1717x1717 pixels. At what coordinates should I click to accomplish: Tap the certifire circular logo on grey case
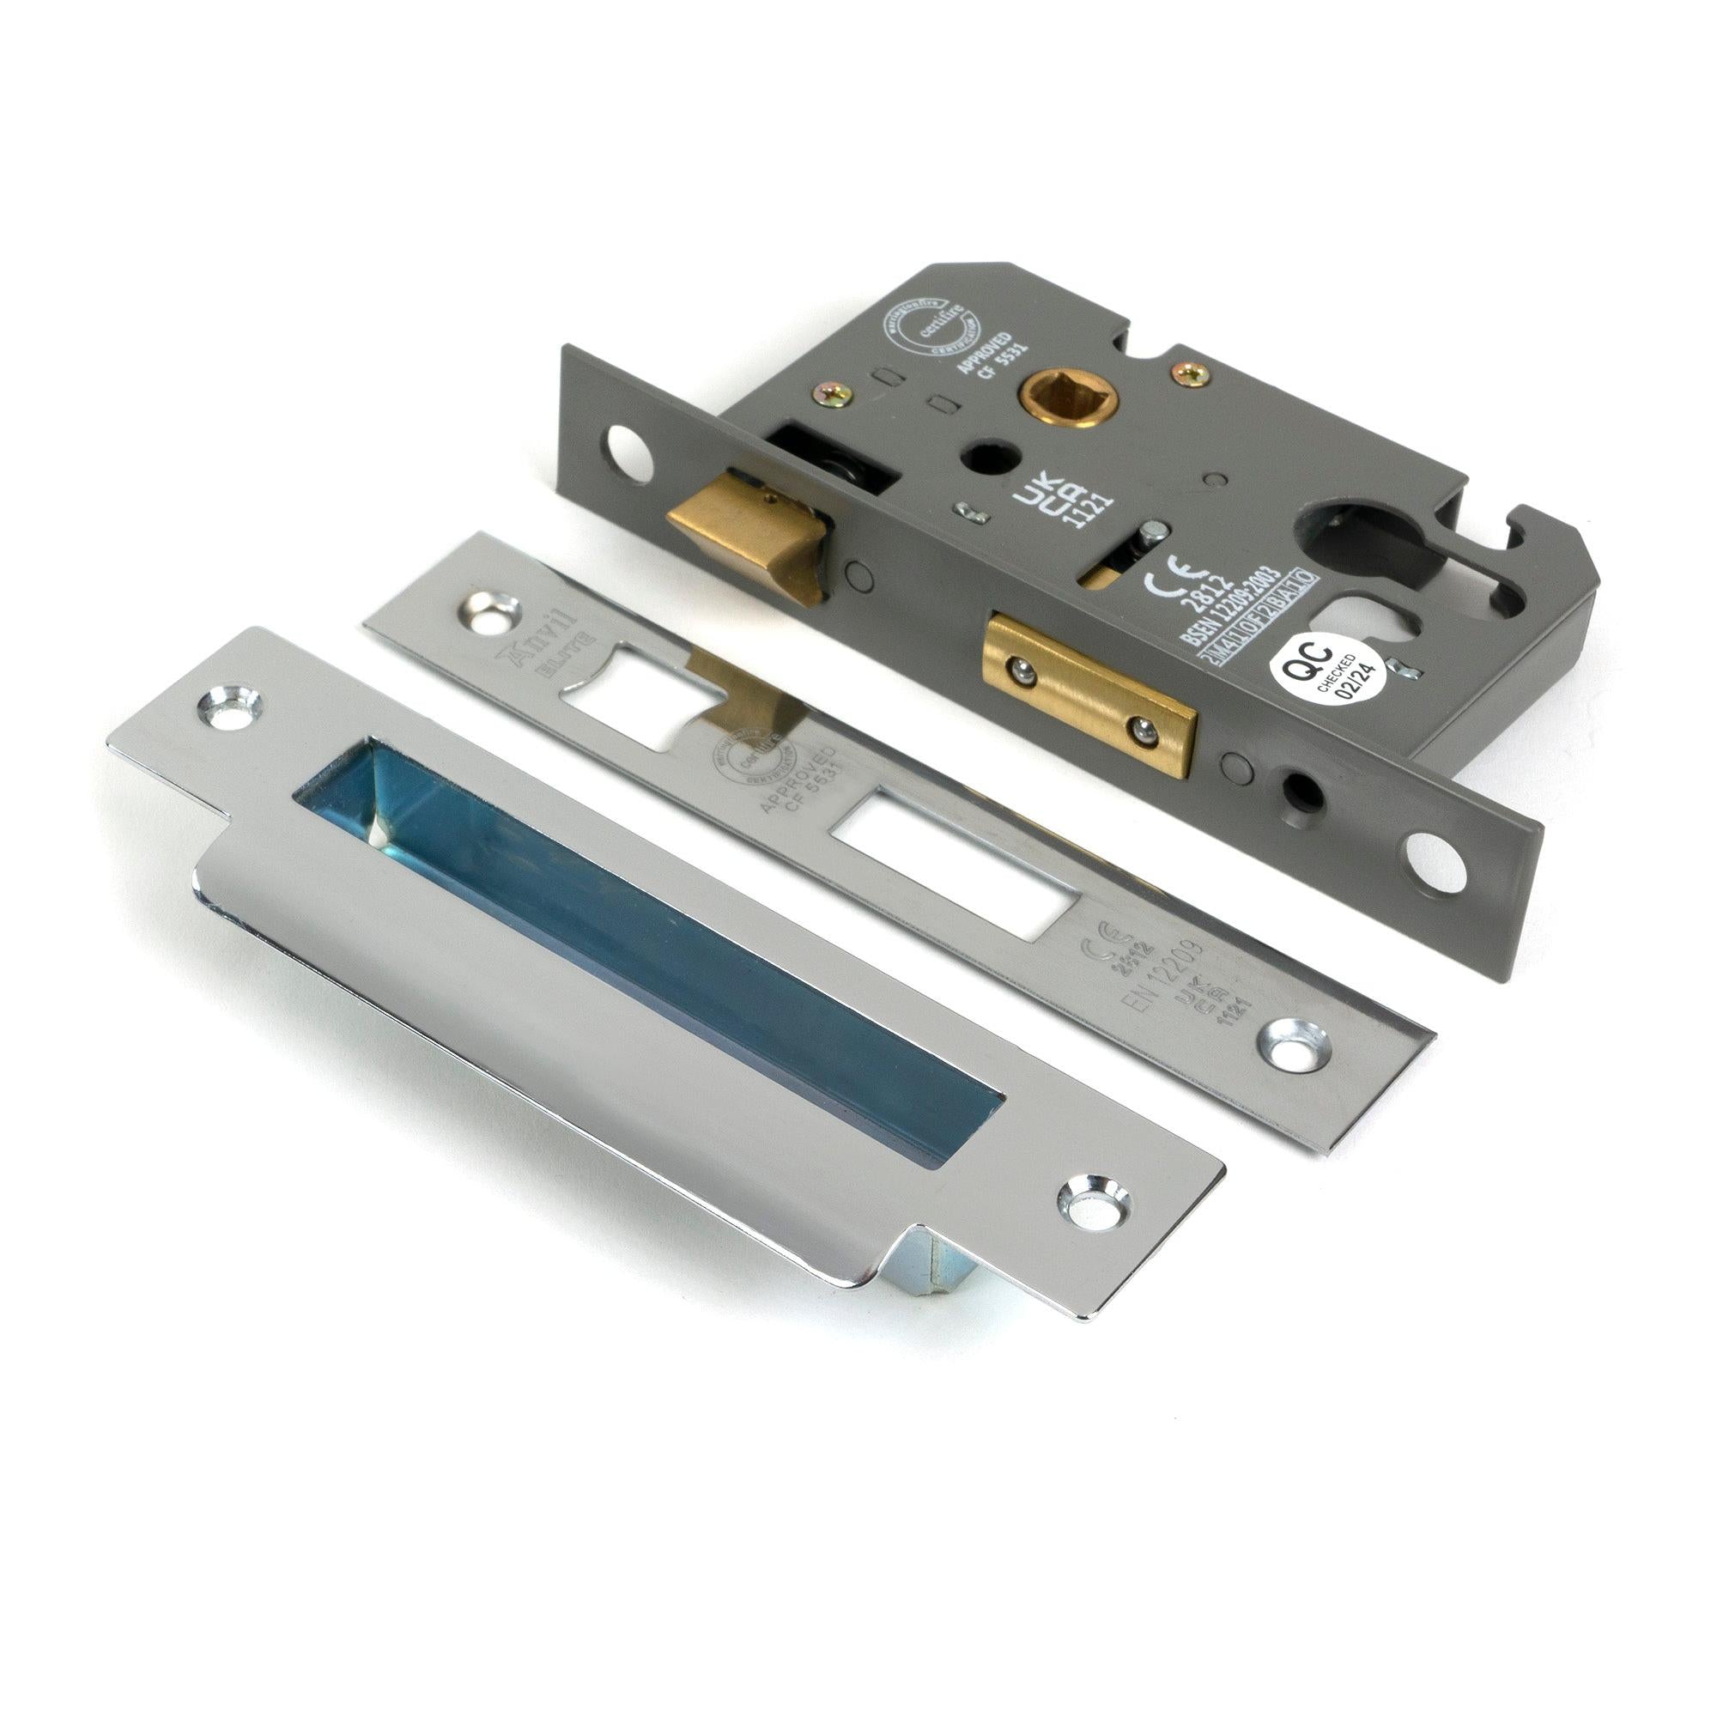tap(925, 334)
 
